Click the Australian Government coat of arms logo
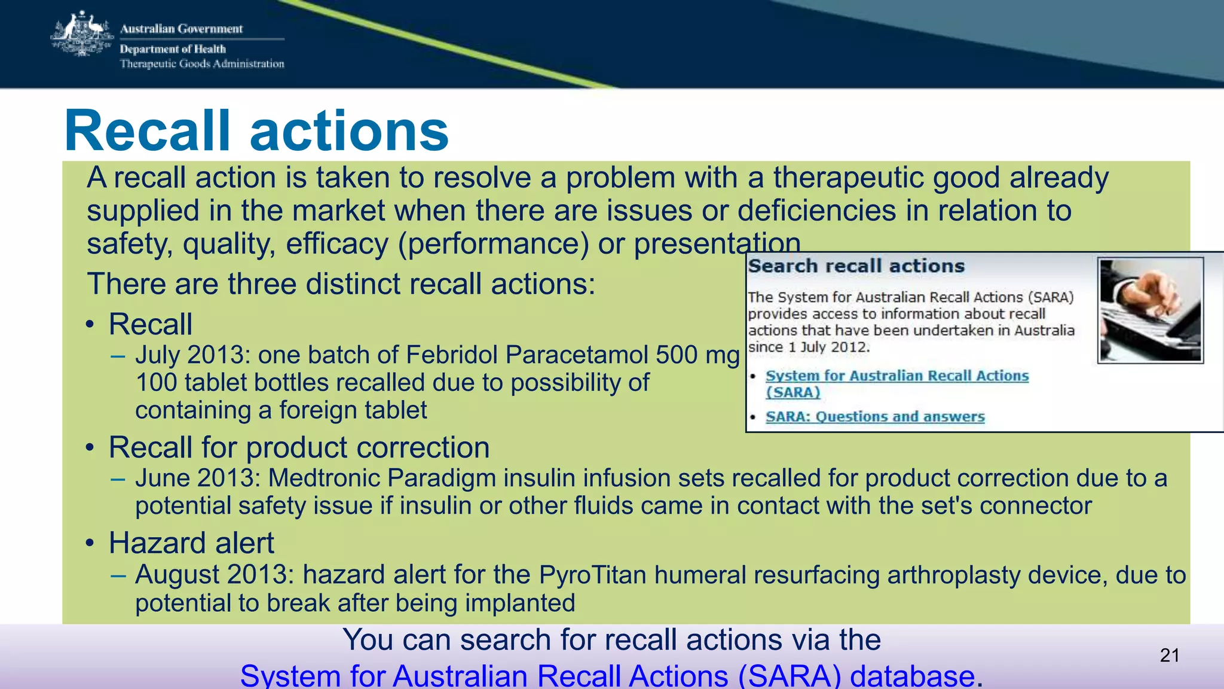coord(82,35)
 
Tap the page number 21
coord(1170,656)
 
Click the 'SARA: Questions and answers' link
coord(875,417)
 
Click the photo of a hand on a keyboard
coord(1150,310)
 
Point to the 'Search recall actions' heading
coord(856,266)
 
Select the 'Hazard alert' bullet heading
coord(191,543)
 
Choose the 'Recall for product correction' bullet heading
coord(299,447)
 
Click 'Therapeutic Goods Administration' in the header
coord(202,64)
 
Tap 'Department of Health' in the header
coord(173,49)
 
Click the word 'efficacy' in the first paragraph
coord(337,244)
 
